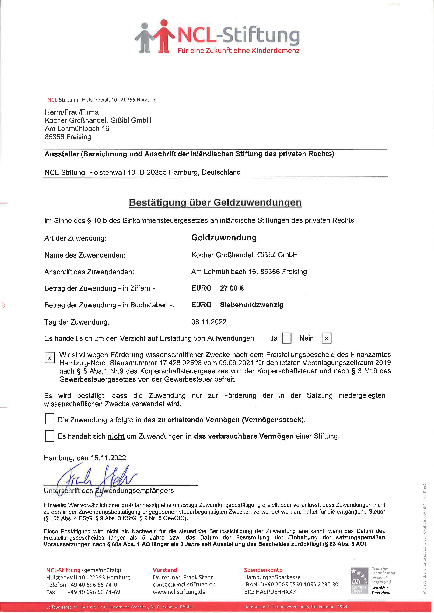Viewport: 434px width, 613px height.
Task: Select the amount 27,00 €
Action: pos(232,288)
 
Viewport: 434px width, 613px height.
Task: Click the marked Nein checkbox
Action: pos(326,338)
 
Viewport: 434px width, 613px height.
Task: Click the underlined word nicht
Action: pos(116,436)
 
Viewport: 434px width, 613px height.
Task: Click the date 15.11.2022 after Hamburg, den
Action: pos(108,458)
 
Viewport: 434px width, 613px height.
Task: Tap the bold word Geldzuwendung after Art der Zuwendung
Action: pos(224,237)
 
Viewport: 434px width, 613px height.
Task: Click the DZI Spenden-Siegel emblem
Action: pos(359,581)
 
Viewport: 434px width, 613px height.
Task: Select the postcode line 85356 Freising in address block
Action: pos(68,137)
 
